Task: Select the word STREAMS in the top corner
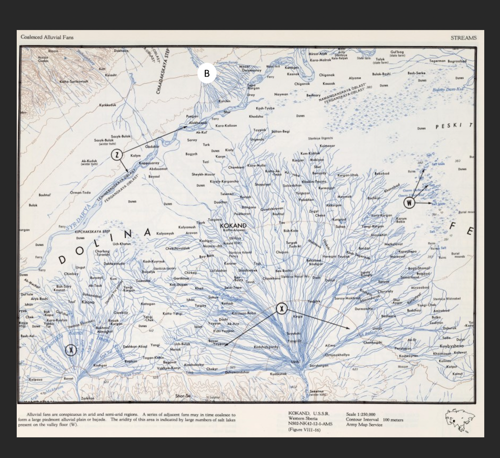point(463,38)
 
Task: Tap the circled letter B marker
point(207,74)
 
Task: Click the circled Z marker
point(117,155)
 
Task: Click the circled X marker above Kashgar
point(72,349)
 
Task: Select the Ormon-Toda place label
point(81,192)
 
